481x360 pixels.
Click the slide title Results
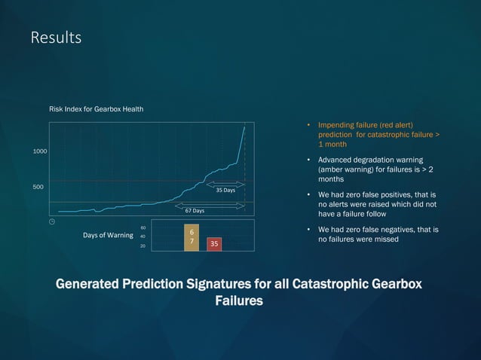(56, 37)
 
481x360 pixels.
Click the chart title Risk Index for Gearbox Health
(97, 109)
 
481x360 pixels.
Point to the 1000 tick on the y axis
(41, 152)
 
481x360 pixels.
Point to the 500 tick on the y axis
(38, 187)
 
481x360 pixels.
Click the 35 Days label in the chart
(225, 191)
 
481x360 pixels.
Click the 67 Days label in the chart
(195, 211)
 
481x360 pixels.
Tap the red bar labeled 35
(214, 244)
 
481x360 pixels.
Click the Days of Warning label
(109, 236)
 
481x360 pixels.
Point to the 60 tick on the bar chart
(143, 227)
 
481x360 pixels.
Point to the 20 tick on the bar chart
(143, 246)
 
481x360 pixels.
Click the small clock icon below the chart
(52, 221)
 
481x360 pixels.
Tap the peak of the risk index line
(245, 127)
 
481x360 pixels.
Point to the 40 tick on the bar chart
(143, 236)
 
